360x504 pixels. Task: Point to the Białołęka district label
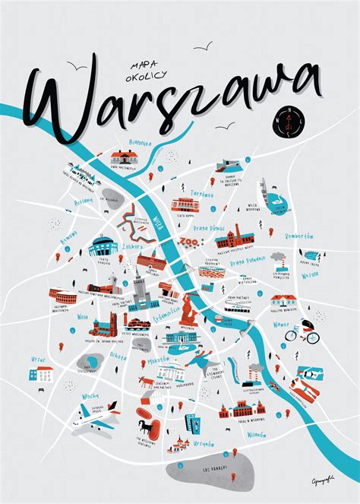pos(120,142)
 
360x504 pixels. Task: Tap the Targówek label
pos(202,193)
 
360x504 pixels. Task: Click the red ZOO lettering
pos(187,243)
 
